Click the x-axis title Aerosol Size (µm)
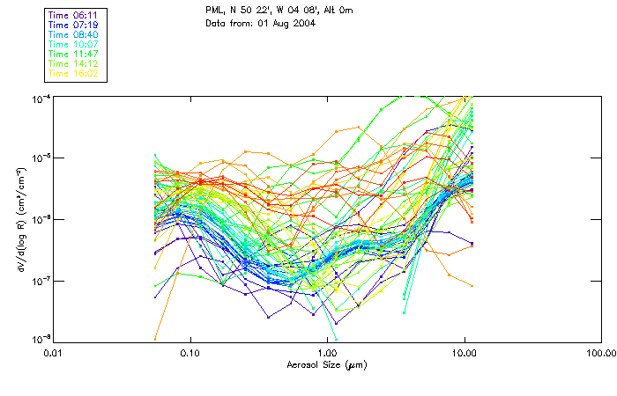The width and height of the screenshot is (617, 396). (327, 364)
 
